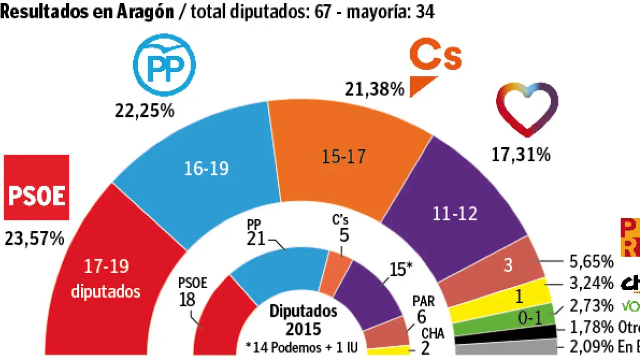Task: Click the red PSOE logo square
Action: pyautogui.click(x=37, y=187)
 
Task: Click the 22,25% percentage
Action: pyautogui.click(x=144, y=110)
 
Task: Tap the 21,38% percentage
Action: pyautogui.click(x=375, y=89)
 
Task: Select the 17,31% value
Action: pyautogui.click(x=520, y=155)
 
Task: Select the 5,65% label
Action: pyautogui.click(x=592, y=261)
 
